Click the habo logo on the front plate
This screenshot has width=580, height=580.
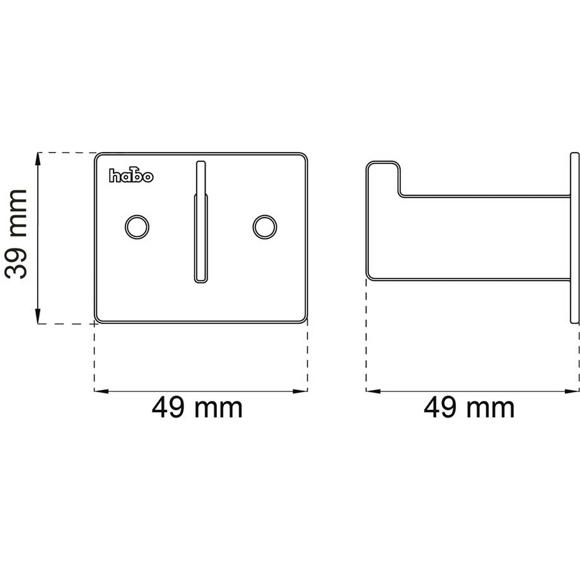pos(131,176)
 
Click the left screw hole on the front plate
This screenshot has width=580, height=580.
pos(137,227)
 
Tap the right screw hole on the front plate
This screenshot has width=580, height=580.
pos(265,227)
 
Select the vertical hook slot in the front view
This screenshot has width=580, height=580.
pos(201,222)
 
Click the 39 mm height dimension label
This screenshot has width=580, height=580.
pos(16,234)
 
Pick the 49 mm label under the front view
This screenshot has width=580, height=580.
pos(197,408)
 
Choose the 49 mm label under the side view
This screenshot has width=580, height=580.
pos(469,408)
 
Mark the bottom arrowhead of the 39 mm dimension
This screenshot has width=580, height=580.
pos(37,317)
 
